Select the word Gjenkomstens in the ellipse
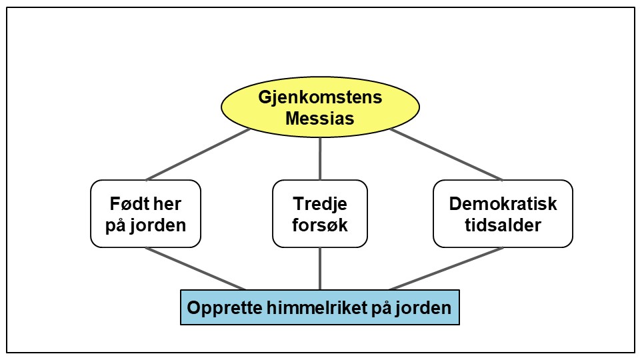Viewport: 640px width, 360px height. coord(320,97)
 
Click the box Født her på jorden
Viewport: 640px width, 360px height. coord(145,213)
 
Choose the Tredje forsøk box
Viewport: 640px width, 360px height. coord(320,213)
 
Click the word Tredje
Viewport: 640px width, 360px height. coord(320,203)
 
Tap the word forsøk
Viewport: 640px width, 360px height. coord(320,225)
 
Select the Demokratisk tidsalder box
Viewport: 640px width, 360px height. coord(503,213)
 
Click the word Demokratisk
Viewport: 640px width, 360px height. coord(503,203)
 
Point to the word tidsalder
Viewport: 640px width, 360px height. coord(503,225)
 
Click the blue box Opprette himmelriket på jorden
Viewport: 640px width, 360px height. coord(320,307)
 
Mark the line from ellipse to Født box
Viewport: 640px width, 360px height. coord(198,154)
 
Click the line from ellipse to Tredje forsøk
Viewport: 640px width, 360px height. coord(320,159)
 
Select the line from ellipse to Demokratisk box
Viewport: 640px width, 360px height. coord(445,154)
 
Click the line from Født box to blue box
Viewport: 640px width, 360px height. coord(195,269)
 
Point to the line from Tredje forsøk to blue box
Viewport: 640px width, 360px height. coord(320,268)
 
